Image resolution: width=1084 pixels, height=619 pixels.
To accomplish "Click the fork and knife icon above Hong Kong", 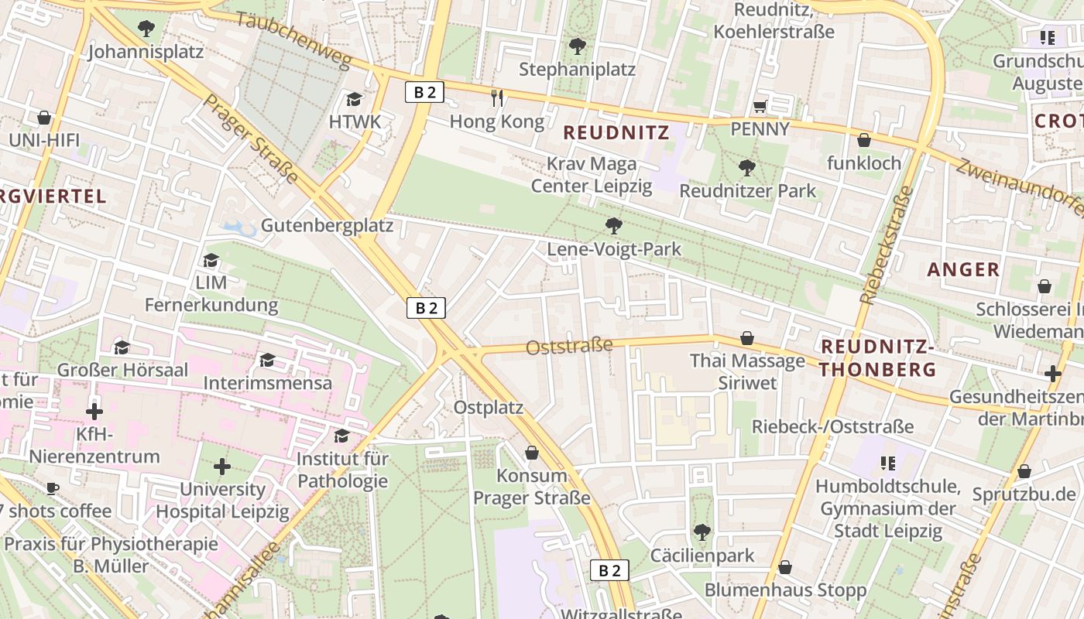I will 498,97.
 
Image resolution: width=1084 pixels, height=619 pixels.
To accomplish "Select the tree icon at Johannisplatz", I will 146,29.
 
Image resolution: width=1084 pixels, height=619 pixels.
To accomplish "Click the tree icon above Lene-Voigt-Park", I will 614,225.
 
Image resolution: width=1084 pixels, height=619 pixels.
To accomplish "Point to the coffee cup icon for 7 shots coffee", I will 52,487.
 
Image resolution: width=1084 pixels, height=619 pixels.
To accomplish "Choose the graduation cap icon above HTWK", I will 355,98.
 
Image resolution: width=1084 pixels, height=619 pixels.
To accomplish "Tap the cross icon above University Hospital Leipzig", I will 222,466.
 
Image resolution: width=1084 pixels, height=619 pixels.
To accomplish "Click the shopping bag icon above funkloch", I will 863,140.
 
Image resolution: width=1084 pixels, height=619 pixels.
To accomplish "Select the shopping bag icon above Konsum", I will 532,452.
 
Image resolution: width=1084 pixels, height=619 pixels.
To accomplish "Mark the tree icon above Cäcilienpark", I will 702,532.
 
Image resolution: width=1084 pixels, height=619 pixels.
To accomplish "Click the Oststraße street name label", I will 569,347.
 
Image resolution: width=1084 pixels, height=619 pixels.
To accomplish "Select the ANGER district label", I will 963,269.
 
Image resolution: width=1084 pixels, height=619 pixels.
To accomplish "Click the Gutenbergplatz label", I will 327,226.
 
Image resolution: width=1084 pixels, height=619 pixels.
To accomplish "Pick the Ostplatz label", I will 489,407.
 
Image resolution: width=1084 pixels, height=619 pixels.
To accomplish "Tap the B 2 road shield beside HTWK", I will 424,92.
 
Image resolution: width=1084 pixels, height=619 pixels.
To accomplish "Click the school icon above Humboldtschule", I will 887,463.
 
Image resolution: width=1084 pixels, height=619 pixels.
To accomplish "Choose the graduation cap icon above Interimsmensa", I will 267,360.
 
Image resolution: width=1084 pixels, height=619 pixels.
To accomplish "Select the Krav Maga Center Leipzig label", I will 592,175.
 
